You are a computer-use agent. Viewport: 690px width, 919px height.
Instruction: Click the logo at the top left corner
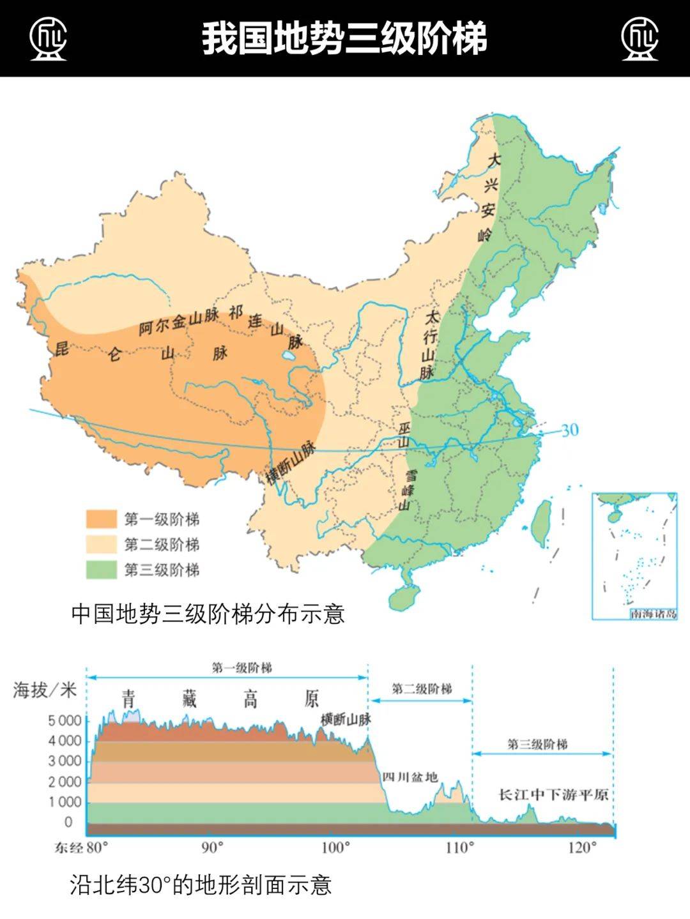coord(48,38)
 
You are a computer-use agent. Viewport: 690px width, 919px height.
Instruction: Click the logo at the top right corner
coord(640,38)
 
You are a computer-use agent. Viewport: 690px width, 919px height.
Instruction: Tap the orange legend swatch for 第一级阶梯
coord(102,519)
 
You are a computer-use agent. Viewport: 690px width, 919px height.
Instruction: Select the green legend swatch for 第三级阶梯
coord(102,570)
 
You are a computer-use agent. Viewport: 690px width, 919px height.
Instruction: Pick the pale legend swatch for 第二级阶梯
coord(102,545)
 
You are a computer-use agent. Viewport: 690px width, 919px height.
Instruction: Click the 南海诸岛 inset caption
coord(652,614)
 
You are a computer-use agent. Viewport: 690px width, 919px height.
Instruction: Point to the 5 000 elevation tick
coord(65,720)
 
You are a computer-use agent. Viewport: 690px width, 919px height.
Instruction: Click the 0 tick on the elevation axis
coord(68,822)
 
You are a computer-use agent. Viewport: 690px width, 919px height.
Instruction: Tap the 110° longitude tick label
coord(459,848)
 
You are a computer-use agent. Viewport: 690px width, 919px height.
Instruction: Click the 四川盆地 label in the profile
coord(410,777)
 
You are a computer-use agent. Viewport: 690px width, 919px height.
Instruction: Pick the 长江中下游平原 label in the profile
coord(553,795)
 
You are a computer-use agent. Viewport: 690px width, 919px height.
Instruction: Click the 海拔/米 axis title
coord(45,690)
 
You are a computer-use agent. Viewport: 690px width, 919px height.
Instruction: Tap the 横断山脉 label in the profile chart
coord(346,720)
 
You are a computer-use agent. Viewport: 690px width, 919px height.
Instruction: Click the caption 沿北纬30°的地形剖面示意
coord(201,885)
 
